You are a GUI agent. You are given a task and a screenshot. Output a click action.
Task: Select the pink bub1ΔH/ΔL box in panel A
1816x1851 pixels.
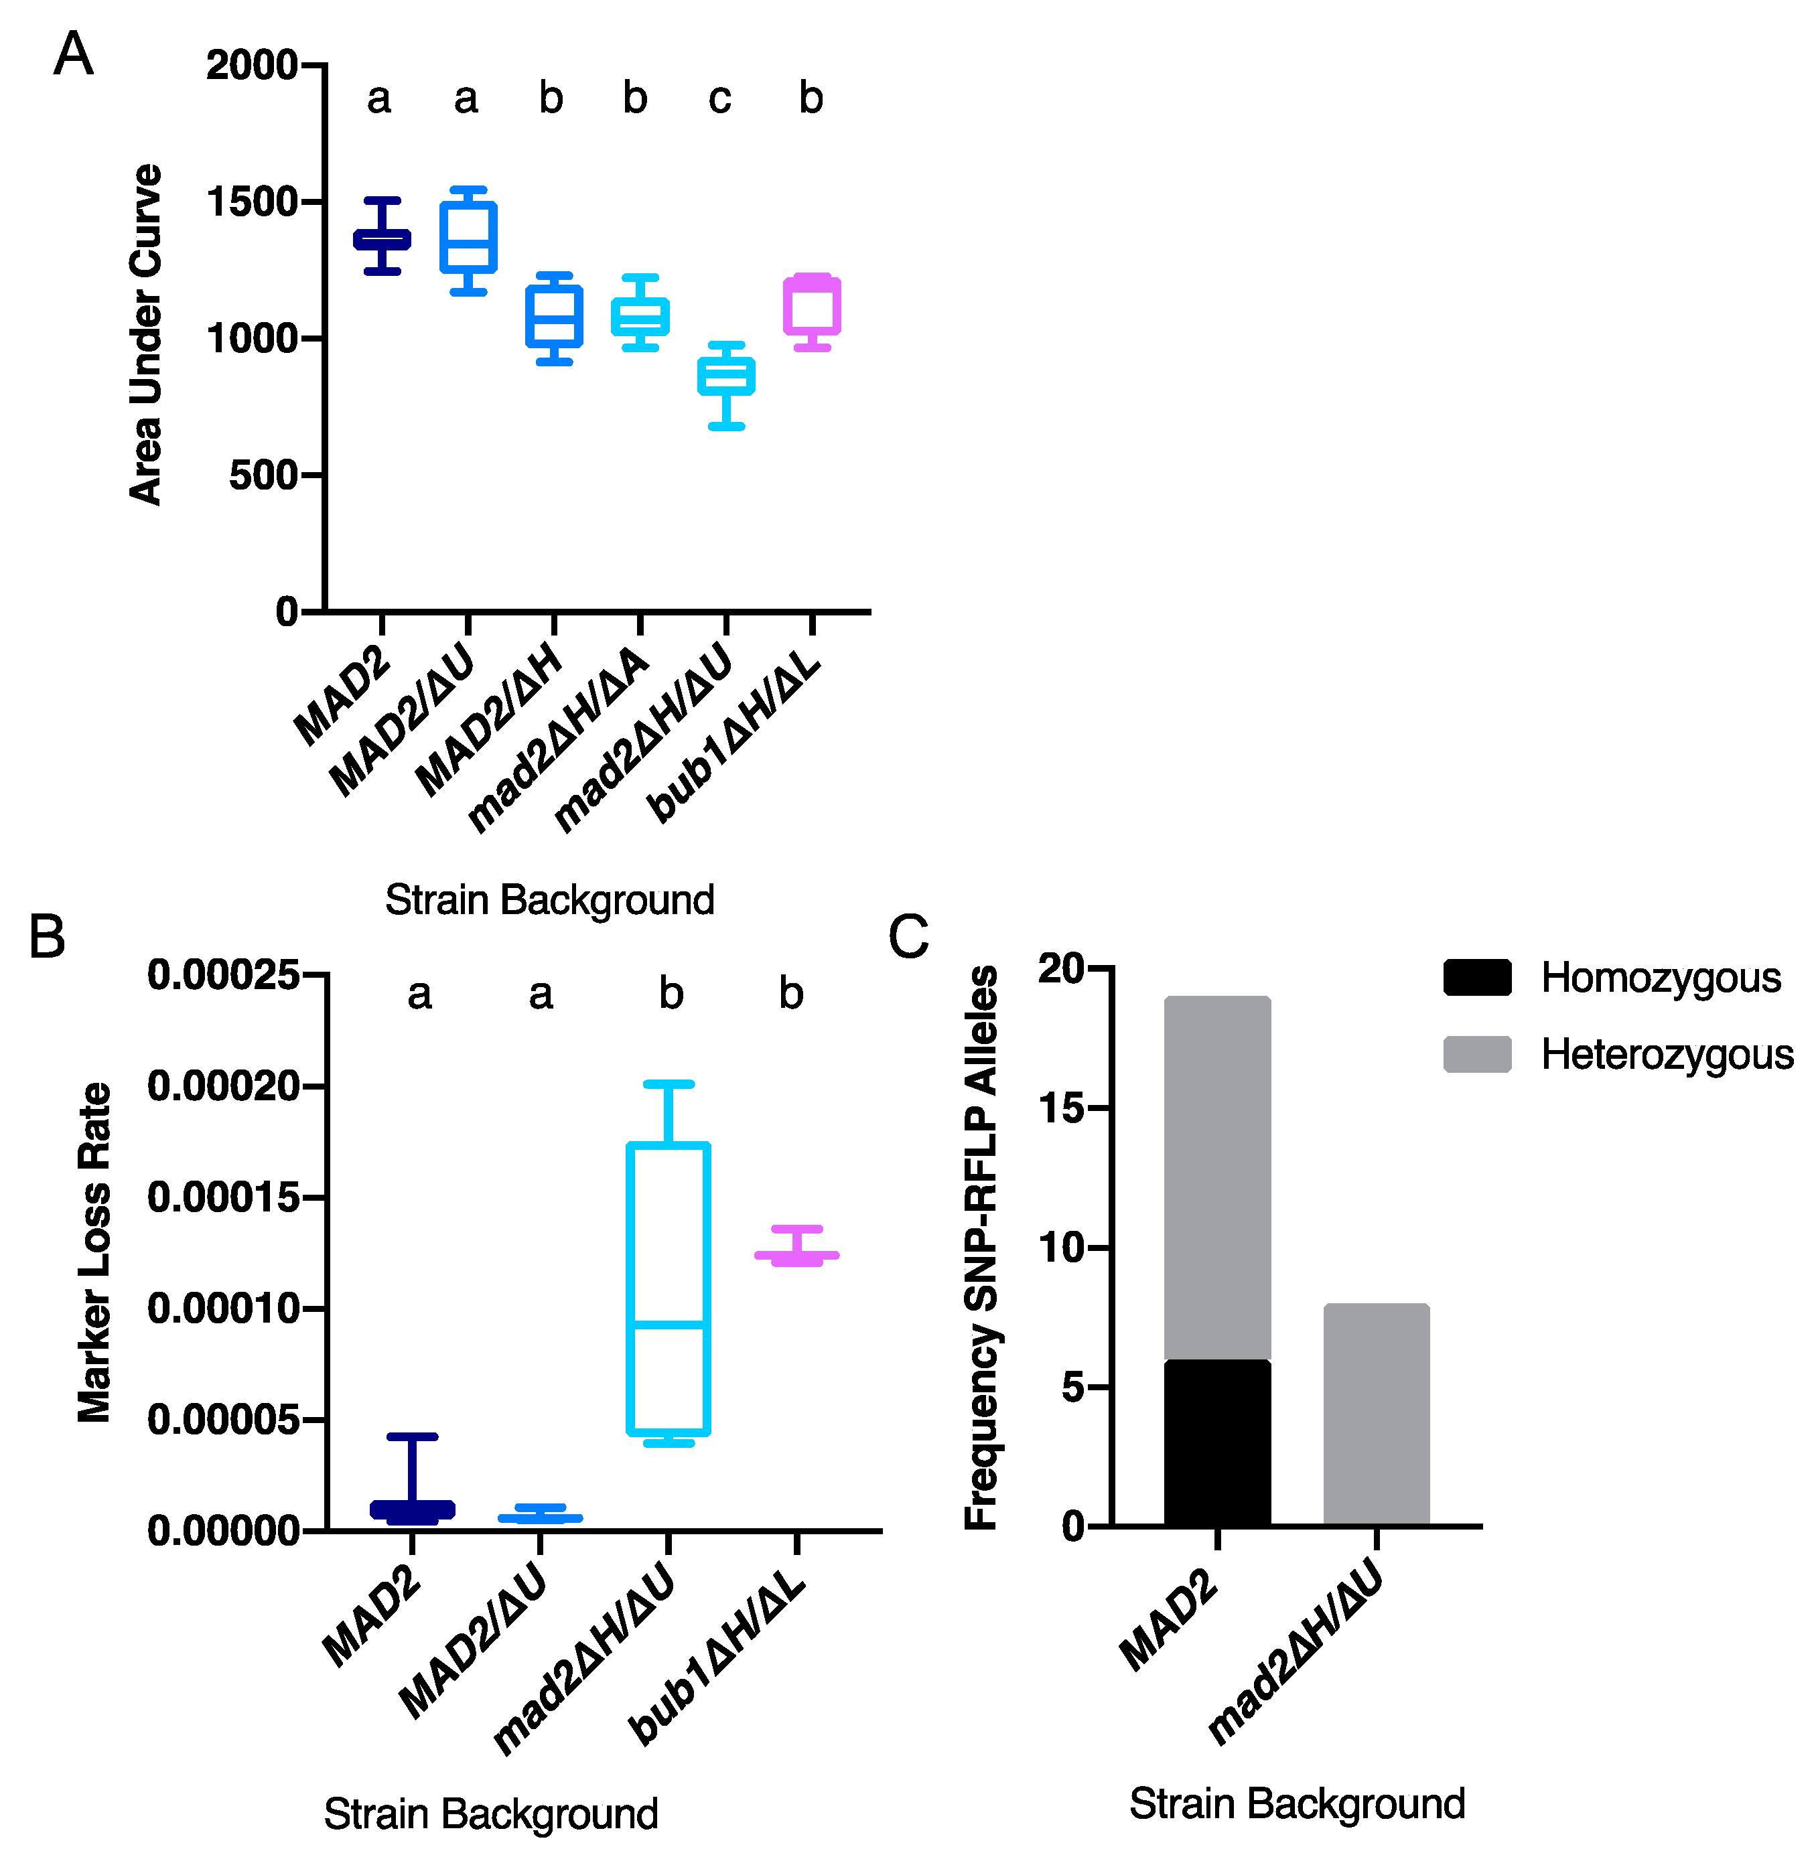tap(812, 305)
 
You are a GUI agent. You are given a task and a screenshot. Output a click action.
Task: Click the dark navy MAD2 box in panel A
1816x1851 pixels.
tap(382, 239)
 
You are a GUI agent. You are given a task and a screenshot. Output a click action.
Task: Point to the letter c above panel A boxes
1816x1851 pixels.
tap(720, 98)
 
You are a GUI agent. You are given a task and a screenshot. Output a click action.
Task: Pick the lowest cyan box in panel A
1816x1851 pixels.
tap(726, 376)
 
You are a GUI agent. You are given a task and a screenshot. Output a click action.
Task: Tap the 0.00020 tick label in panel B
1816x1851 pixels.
tap(222, 1086)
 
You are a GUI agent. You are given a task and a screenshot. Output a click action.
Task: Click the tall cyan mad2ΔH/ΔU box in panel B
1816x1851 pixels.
tap(669, 1287)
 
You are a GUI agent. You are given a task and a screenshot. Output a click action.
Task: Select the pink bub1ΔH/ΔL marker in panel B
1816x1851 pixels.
tap(796, 1255)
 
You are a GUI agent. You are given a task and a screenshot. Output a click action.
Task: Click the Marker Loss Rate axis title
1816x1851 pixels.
tap(94, 1252)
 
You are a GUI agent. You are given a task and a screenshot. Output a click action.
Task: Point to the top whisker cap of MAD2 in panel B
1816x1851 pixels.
tap(412, 1436)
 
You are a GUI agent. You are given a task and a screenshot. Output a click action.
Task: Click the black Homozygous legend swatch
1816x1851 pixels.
tap(1476, 978)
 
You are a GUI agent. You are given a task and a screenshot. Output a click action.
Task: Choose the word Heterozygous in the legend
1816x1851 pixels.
tap(1666, 1055)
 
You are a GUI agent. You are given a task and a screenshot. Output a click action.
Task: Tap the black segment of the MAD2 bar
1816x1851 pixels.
tap(1217, 1442)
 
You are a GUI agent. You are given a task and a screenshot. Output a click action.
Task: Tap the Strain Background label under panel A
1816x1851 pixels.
tap(549, 900)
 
